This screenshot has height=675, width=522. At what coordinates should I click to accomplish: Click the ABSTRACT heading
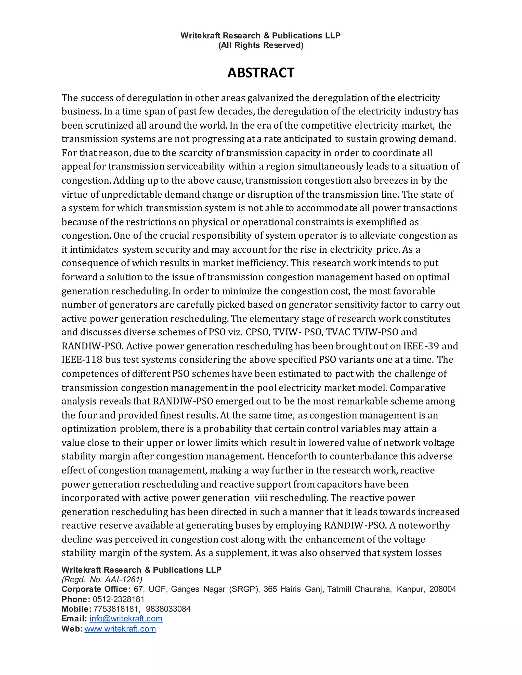(x=261, y=73)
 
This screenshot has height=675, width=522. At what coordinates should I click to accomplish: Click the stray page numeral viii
(x=261, y=498)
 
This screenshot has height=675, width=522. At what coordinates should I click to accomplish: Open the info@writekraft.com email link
(x=126, y=618)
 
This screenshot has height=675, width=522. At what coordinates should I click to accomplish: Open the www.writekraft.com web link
(x=120, y=629)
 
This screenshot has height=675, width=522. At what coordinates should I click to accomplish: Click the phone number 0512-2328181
(x=119, y=599)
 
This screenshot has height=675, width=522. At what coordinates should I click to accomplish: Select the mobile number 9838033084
(x=168, y=609)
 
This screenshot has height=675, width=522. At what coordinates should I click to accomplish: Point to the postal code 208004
(x=442, y=589)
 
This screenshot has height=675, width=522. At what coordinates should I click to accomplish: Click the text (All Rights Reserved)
(x=261, y=45)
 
